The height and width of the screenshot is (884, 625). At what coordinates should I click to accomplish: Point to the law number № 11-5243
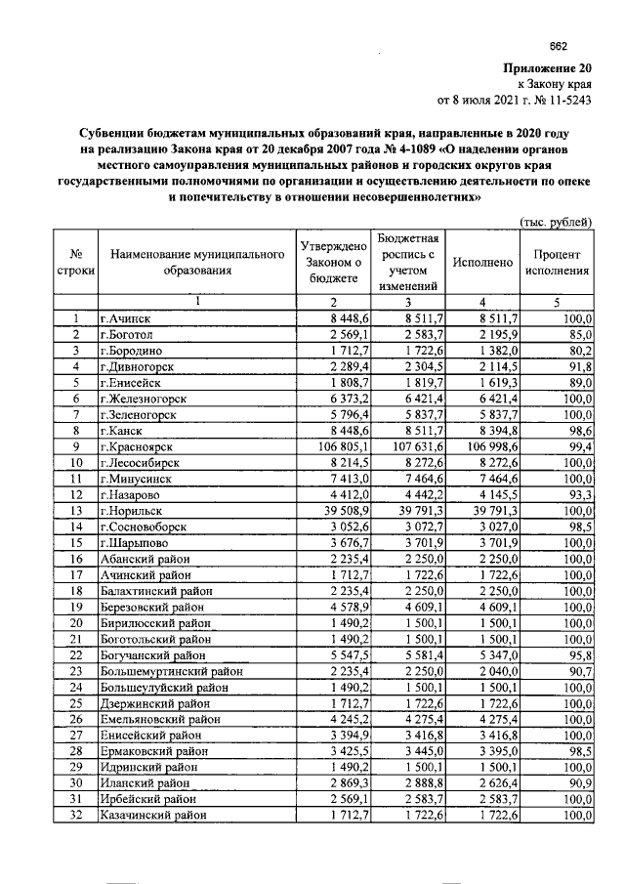click(560, 100)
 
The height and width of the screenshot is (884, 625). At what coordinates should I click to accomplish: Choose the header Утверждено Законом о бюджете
click(333, 263)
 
